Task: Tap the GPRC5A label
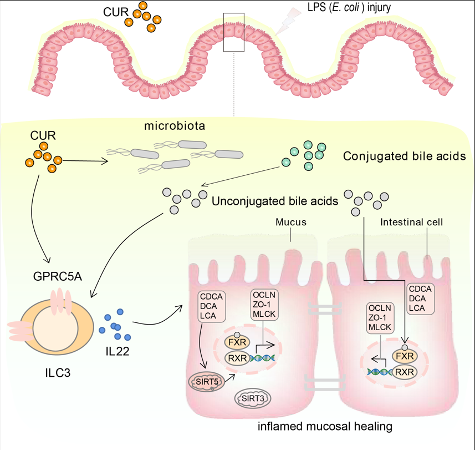pyautogui.click(x=58, y=275)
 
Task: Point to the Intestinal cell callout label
pyautogui.click(x=408, y=222)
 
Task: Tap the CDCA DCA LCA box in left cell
pyautogui.click(x=212, y=307)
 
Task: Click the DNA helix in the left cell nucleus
pyautogui.click(x=263, y=358)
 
